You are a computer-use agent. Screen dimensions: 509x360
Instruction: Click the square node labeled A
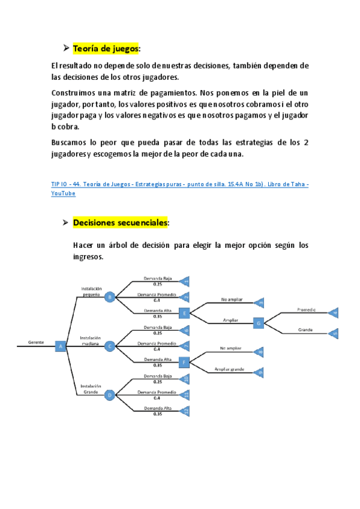(x=60, y=346)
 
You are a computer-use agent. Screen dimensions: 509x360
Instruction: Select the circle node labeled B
(x=109, y=297)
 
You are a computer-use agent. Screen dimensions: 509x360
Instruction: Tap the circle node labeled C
(x=109, y=346)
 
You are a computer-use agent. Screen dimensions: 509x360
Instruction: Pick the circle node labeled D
(x=109, y=395)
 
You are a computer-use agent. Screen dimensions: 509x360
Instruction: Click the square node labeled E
(x=184, y=313)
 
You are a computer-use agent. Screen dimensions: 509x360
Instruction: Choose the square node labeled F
(x=184, y=362)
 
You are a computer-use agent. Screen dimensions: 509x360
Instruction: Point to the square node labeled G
(x=259, y=323)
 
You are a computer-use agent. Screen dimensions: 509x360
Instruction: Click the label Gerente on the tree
(x=36, y=342)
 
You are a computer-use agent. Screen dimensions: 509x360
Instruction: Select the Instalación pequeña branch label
(x=91, y=291)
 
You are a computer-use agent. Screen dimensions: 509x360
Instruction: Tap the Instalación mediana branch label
(x=91, y=340)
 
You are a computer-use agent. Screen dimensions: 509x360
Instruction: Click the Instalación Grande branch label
(x=91, y=389)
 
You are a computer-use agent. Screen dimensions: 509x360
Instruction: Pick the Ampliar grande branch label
(x=227, y=368)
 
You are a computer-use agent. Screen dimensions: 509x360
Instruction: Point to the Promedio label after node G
(x=306, y=310)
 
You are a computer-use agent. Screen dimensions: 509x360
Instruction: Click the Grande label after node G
(x=306, y=330)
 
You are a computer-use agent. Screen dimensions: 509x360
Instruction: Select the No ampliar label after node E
(x=231, y=298)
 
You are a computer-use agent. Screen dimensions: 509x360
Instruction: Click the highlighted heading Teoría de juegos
(x=106, y=48)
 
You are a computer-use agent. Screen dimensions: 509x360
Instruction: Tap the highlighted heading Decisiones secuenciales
(x=121, y=223)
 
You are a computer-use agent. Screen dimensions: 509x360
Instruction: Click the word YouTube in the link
(x=63, y=194)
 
